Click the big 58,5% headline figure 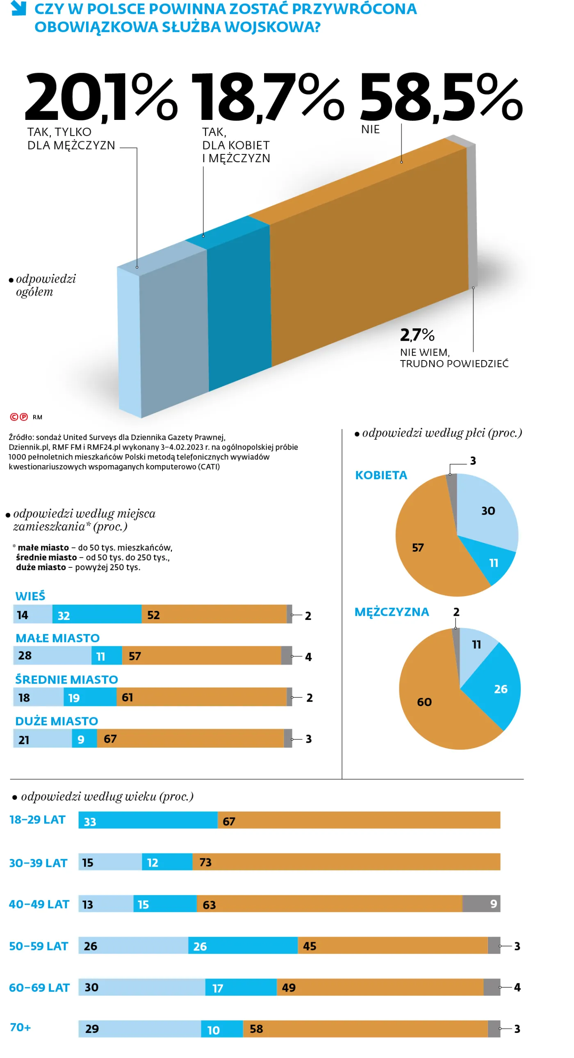click(441, 98)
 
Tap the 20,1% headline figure click(100, 98)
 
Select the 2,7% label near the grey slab click(417, 335)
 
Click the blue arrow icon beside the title click(18, 8)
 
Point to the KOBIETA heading click(381, 475)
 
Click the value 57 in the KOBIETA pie click(418, 548)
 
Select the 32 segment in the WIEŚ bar click(97, 615)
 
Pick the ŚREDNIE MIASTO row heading click(66, 679)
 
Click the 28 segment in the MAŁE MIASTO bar click(52, 656)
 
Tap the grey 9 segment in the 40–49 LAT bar click(481, 904)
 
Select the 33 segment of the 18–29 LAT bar click(148, 821)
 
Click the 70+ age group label click(20, 1027)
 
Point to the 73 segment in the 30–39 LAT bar click(346, 862)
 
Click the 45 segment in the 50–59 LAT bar click(392, 946)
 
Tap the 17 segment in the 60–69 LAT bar click(241, 987)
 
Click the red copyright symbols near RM click(19, 417)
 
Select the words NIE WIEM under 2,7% click(425, 352)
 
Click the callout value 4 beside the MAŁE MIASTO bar click(308, 657)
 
